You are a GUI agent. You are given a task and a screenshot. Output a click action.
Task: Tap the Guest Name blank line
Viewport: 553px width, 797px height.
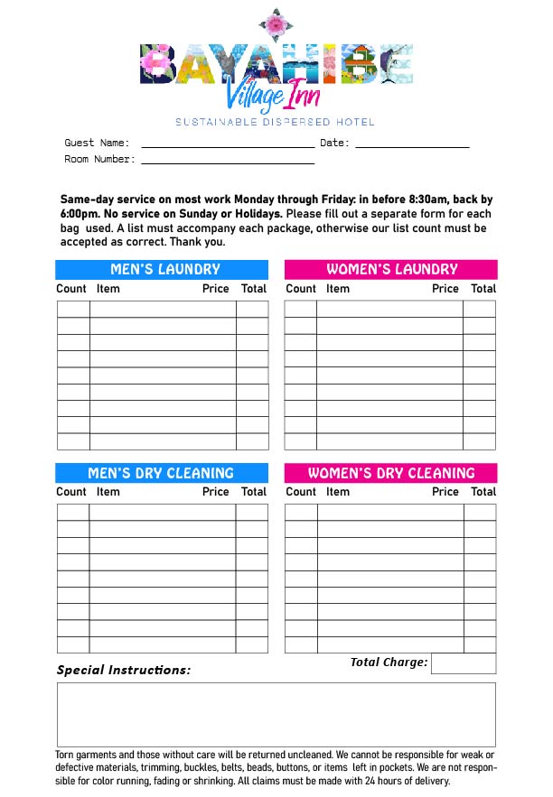click(x=228, y=144)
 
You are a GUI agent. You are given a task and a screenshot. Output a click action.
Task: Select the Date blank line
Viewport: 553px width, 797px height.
click(x=412, y=144)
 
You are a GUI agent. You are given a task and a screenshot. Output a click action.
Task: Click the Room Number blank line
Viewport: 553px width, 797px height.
click(x=228, y=162)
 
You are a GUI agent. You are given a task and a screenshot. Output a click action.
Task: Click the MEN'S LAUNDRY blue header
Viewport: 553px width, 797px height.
click(x=163, y=269)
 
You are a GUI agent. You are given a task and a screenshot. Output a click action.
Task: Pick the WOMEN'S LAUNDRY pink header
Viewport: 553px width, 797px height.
click(x=390, y=269)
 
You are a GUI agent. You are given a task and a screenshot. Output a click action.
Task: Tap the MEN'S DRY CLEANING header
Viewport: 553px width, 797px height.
click(x=163, y=473)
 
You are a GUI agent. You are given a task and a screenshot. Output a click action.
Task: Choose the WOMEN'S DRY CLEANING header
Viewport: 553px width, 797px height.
click(x=390, y=473)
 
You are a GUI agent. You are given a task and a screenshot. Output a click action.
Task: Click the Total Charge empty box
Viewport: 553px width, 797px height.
click(x=463, y=663)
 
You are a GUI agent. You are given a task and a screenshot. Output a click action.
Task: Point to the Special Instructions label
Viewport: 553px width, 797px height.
click(x=124, y=670)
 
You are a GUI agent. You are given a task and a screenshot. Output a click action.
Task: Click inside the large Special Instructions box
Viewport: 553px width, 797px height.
click(x=276, y=714)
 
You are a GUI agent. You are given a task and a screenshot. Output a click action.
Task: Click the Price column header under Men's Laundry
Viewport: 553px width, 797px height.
click(x=216, y=289)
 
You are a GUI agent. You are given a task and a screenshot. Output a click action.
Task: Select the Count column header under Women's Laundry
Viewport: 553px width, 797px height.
click(x=301, y=289)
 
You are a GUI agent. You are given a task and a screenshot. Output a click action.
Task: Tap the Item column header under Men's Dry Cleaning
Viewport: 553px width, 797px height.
click(x=108, y=492)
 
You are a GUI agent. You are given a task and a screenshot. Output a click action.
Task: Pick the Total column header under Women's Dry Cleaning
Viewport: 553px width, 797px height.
click(x=483, y=492)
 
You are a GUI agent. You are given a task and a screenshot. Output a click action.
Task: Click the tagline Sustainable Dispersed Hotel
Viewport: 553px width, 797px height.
click(x=275, y=122)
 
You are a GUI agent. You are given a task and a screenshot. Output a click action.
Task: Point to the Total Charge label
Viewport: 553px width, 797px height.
click(x=389, y=663)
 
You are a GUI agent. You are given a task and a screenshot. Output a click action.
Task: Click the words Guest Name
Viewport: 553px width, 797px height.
click(x=97, y=143)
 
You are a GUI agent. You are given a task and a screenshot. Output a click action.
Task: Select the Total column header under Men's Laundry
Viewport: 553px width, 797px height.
click(x=254, y=289)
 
